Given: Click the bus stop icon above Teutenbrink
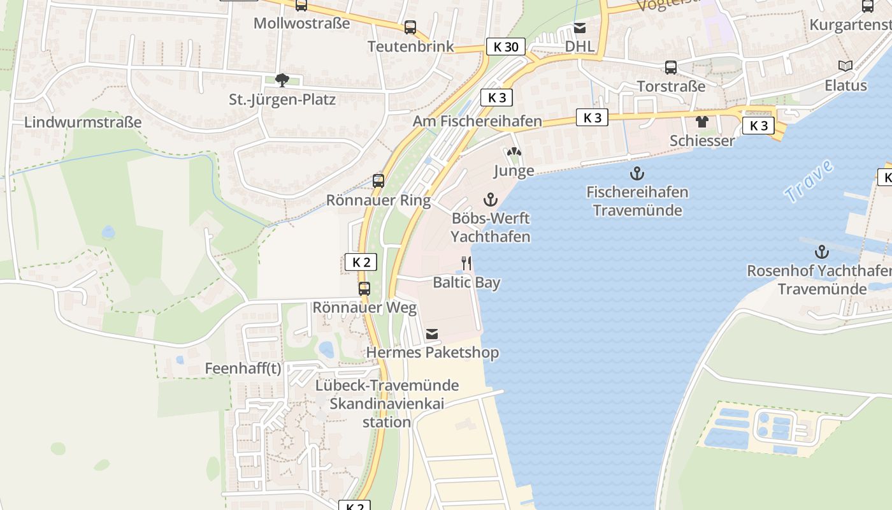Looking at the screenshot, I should (x=410, y=27).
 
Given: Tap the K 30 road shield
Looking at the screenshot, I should (x=506, y=47).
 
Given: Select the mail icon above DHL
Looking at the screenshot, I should (x=579, y=27).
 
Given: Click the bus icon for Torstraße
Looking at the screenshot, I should (x=671, y=68).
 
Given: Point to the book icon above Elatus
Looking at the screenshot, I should (x=845, y=66).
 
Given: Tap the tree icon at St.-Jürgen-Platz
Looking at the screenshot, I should (x=282, y=80).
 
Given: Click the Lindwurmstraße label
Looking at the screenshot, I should (x=83, y=122).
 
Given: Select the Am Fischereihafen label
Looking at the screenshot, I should (x=477, y=121).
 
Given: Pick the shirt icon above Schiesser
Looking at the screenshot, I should (x=702, y=122).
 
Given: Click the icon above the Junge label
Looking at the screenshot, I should (x=514, y=153).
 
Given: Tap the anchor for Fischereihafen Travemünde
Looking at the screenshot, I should (x=637, y=173).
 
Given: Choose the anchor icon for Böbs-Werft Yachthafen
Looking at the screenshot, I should (x=490, y=200).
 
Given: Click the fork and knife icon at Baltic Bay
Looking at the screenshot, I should (x=466, y=263).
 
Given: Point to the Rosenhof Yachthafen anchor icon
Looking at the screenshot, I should (x=822, y=252).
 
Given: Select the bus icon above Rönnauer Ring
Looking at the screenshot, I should (x=378, y=181).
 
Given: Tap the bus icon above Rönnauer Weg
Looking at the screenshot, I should (x=364, y=289).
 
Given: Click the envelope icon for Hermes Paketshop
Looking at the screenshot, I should (x=432, y=333).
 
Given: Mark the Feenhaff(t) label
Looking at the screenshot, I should (x=243, y=368).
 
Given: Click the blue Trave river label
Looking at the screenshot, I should (x=809, y=182).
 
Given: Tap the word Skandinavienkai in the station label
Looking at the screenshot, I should (x=386, y=404).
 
